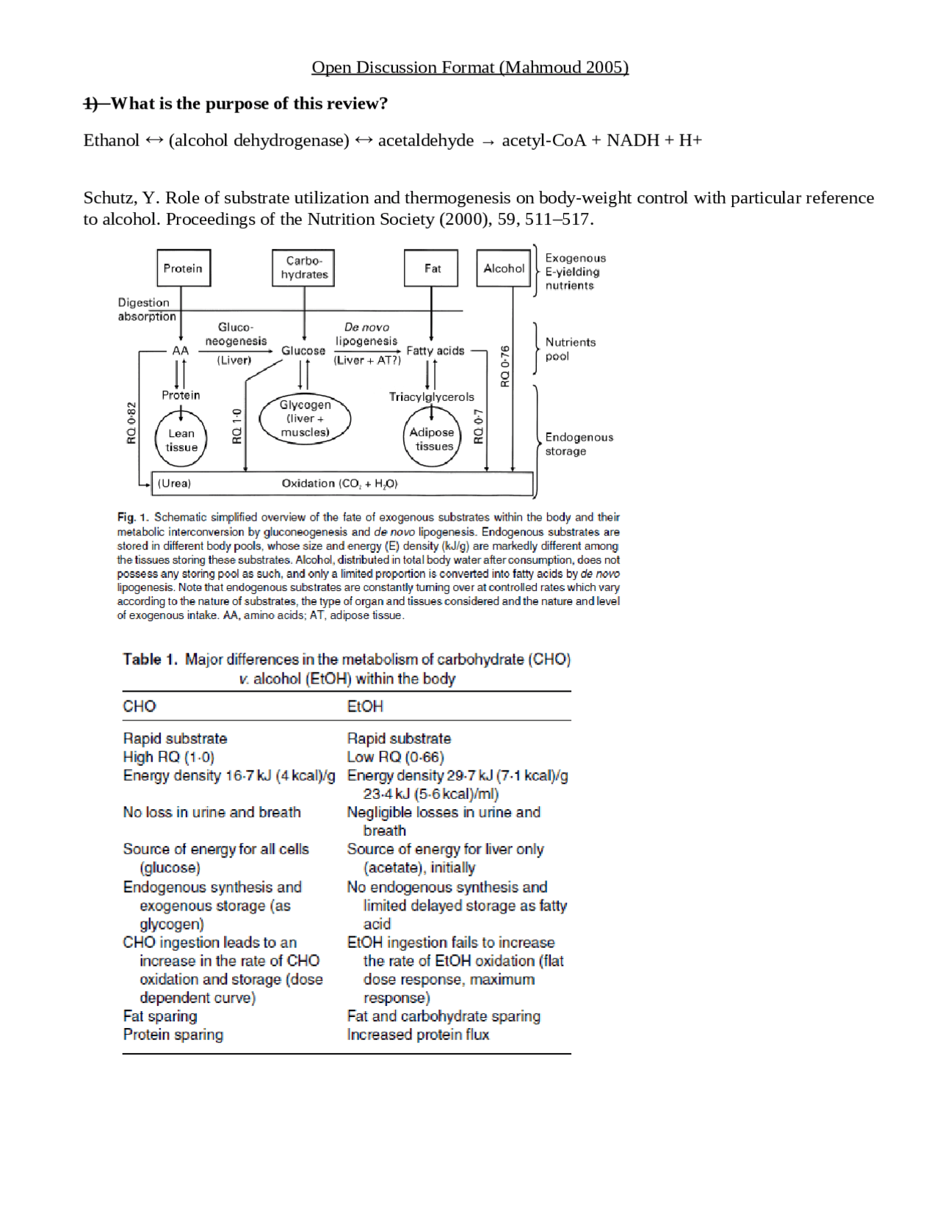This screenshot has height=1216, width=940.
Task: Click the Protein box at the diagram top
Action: point(183,268)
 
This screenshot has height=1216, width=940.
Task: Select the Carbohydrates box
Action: point(303,268)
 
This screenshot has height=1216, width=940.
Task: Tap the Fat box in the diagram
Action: point(432,268)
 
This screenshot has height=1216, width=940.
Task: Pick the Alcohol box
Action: point(504,268)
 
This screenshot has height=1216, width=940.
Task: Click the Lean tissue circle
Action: point(181,440)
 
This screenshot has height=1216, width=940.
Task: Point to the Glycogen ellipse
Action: point(305,419)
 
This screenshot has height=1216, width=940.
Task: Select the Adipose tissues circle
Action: point(433,439)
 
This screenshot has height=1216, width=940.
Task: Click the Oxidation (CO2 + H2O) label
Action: point(339,483)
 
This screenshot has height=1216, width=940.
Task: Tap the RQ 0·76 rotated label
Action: point(505,366)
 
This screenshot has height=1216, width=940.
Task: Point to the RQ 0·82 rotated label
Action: point(131,423)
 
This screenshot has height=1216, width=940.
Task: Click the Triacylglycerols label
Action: point(432,397)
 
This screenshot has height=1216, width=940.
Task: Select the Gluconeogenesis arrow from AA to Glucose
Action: point(235,351)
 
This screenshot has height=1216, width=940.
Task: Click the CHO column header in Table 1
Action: point(140,706)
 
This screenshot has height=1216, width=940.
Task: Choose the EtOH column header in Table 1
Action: point(365,706)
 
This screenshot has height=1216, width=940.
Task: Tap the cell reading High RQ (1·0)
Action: point(169,757)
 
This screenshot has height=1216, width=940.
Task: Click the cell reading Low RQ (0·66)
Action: point(395,757)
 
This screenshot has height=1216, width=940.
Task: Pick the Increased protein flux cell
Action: point(418,1035)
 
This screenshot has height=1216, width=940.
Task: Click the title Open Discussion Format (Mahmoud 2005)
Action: point(470,68)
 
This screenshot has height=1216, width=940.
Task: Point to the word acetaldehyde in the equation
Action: point(426,140)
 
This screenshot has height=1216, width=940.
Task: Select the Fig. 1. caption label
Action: point(133,517)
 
